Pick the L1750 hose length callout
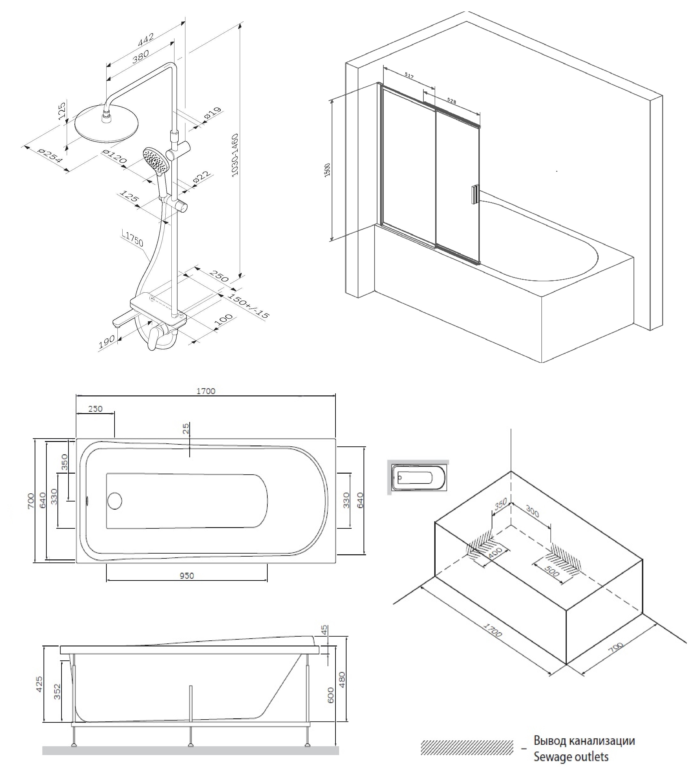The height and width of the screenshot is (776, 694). tap(133, 239)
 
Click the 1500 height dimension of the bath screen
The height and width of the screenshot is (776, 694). tap(327, 170)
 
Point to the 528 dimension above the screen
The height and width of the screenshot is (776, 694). tap(451, 101)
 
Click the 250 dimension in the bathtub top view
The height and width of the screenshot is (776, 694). tap(95, 409)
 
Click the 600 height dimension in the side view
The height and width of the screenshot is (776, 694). tap(330, 695)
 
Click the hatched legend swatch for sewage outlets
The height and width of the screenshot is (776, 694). tap(467, 747)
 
